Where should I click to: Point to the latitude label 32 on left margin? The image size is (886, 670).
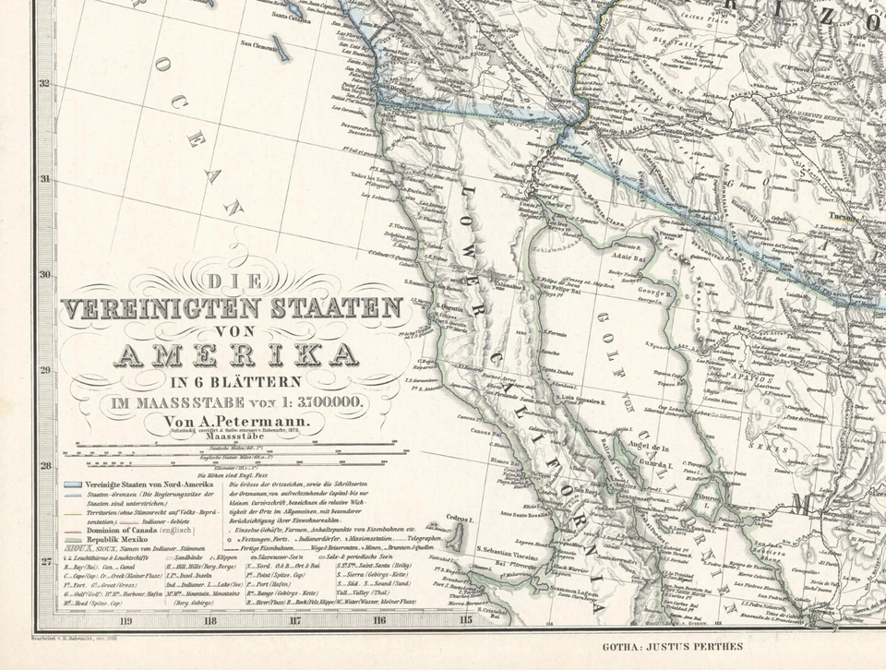[x=43, y=83]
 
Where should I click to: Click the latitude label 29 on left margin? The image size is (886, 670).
[x=43, y=370]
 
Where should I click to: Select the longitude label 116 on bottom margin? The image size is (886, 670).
[x=379, y=620]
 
